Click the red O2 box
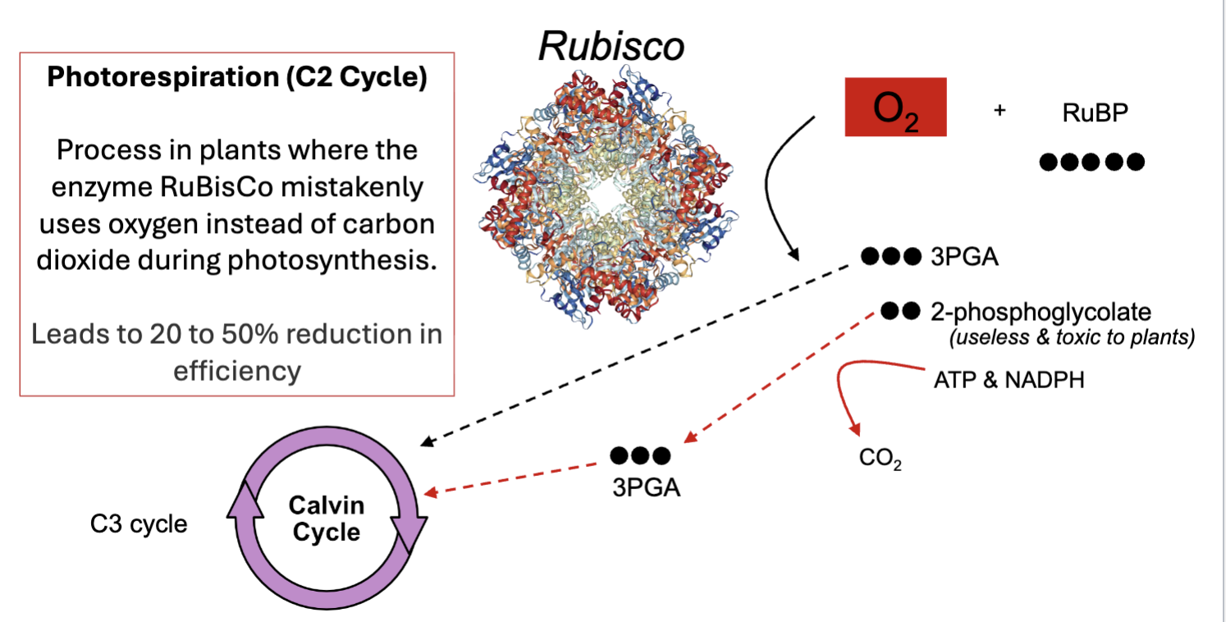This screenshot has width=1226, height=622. click(895, 107)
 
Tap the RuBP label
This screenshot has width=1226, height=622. click(1095, 113)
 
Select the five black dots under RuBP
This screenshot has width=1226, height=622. click(1091, 162)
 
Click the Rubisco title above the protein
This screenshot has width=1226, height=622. click(611, 46)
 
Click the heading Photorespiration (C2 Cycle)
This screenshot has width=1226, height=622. click(236, 78)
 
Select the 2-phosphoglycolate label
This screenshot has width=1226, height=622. click(1041, 313)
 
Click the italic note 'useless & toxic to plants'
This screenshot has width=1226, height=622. click(1071, 337)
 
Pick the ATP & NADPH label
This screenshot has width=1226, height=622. click(1009, 380)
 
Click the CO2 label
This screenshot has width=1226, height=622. click(881, 459)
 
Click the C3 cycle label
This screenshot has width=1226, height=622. click(139, 524)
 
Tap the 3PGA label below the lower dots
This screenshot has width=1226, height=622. click(640, 487)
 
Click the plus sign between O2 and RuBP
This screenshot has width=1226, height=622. click(1000, 110)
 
